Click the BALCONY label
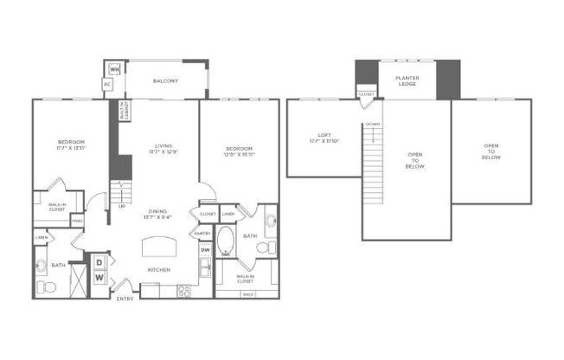[x=165, y=80]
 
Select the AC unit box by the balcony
[x=107, y=84]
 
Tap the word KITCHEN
[x=158, y=270]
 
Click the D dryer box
[x=99, y=261]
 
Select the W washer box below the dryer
[x=99, y=278]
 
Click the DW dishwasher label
[x=204, y=251]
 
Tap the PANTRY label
[x=202, y=233]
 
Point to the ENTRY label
[x=126, y=299]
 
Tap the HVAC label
[x=77, y=220]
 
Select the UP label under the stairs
[x=122, y=207]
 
